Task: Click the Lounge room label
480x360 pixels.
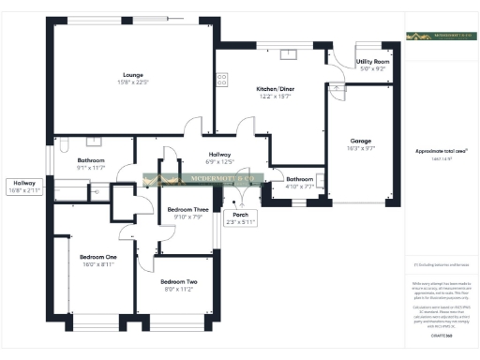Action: (131, 74)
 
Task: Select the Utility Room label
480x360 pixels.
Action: (372, 61)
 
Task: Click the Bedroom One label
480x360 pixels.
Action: (97, 257)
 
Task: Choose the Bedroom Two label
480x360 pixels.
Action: (178, 282)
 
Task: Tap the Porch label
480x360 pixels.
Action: (241, 215)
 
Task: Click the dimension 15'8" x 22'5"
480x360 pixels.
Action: (131, 82)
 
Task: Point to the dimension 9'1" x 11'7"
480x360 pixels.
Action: (91, 168)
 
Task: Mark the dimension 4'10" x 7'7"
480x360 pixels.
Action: (300, 187)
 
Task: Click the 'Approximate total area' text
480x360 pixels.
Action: (441, 151)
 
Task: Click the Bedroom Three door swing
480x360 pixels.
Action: (172, 156)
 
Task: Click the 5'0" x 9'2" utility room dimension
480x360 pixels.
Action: (372, 68)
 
